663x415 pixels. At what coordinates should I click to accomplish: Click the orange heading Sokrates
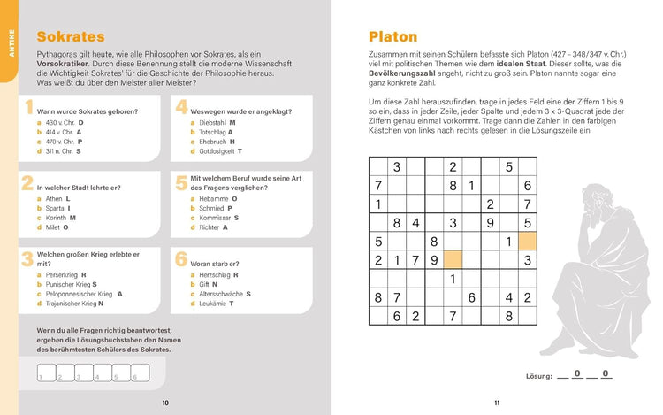(x=70, y=36)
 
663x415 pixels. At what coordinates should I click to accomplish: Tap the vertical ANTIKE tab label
(x=10, y=46)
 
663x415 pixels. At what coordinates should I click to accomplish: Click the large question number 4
(x=180, y=108)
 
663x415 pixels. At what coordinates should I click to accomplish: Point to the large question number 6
(x=180, y=260)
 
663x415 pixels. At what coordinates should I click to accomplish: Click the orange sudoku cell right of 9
(x=453, y=260)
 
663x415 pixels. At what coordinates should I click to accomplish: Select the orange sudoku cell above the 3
(x=527, y=241)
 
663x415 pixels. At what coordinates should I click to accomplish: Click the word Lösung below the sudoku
(x=539, y=376)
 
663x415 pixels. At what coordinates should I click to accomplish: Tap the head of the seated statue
(x=599, y=196)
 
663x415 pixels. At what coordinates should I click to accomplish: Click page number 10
(x=165, y=403)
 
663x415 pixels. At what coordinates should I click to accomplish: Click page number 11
(x=497, y=403)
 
